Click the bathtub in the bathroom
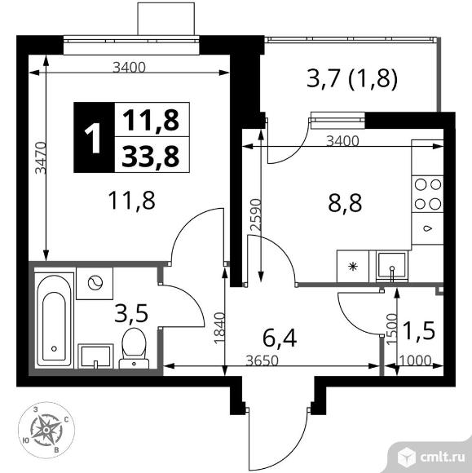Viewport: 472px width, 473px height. pos(55,320)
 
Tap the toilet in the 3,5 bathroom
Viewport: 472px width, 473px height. pos(134,348)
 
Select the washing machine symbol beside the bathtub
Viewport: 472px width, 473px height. pos(95,283)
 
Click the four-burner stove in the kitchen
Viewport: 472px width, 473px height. pos(428,195)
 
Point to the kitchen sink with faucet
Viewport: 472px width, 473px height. pos(392,267)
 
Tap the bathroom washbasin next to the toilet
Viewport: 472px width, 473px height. pos(95,356)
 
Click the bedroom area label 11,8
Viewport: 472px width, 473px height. pos(132,201)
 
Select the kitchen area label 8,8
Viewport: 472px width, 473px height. pos(345,203)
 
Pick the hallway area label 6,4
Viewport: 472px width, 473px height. pos(280,338)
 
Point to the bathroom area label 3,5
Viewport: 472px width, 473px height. pos(131,313)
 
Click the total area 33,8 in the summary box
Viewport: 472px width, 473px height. pos(150,155)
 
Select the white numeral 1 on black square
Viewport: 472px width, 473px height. pos(94,138)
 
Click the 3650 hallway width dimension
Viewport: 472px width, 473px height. pos(262,360)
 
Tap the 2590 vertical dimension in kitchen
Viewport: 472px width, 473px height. pos(255,215)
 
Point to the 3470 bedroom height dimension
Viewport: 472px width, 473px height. pos(40,157)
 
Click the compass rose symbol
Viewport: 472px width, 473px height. pos(46,430)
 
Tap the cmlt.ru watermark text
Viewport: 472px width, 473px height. pos(443,458)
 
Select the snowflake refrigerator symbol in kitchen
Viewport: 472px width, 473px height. pos(353,267)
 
